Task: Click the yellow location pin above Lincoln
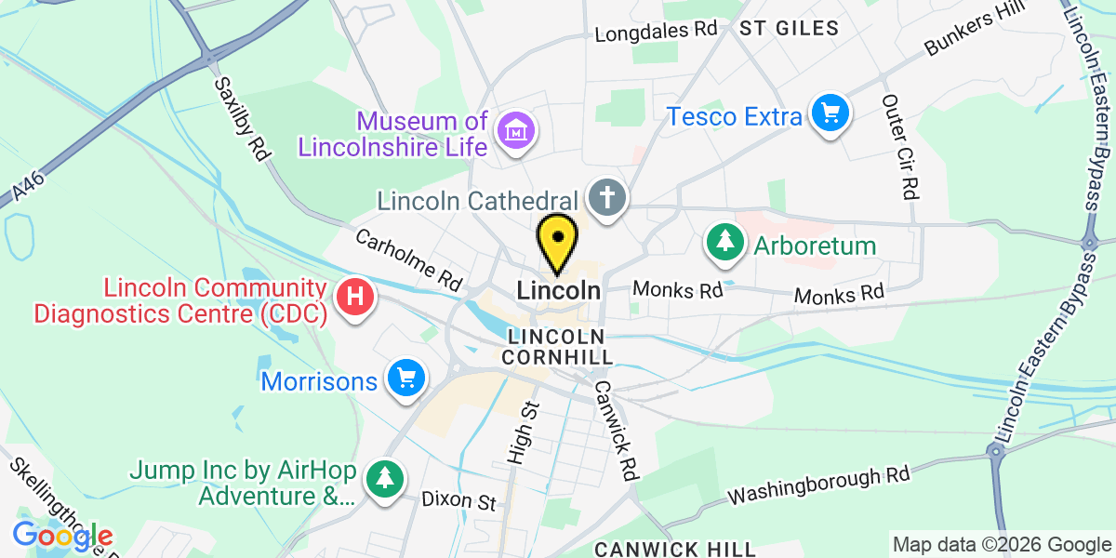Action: [557, 242]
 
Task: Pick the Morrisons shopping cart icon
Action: [405, 379]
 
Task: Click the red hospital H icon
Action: [353, 299]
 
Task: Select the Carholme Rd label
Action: [409, 257]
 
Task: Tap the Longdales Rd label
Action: [657, 31]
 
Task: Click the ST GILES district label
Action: [789, 28]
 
